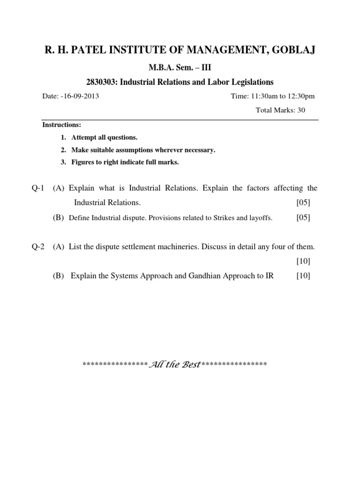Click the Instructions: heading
pyautogui.click(x=62, y=125)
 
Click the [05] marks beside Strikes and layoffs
pyautogui.click(x=303, y=218)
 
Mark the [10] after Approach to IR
pyautogui.click(x=303, y=276)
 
